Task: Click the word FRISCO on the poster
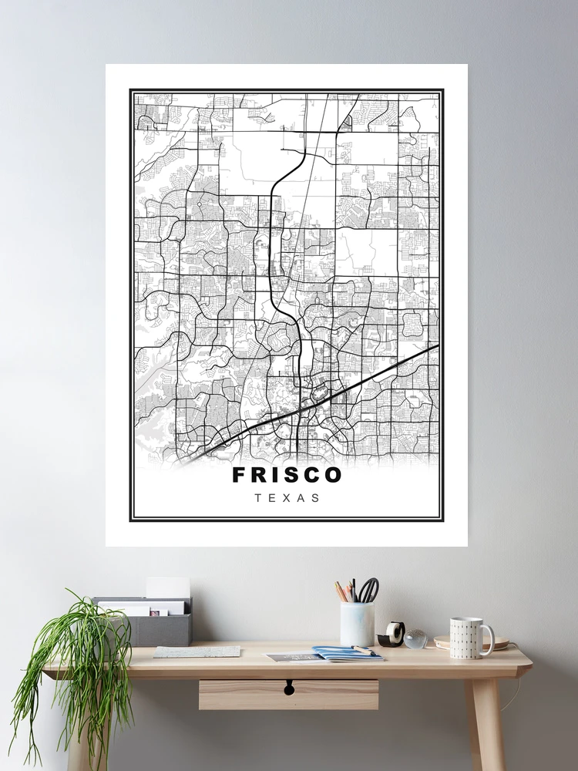click(x=287, y=475)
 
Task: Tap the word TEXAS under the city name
click(x=287, y=498)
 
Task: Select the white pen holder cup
click(x=357, y=623)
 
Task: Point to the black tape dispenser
click(x=392, y=635)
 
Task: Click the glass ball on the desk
click(x=415, y=638)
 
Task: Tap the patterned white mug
click(x=466, y=638)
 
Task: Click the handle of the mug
click(x=488, y=640)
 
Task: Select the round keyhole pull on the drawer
click(x=289, y=686)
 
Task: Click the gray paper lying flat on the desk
click(x=197, y=651)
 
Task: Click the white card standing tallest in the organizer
click(x=168, y=588)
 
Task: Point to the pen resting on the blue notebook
click(x=363, y=651)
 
